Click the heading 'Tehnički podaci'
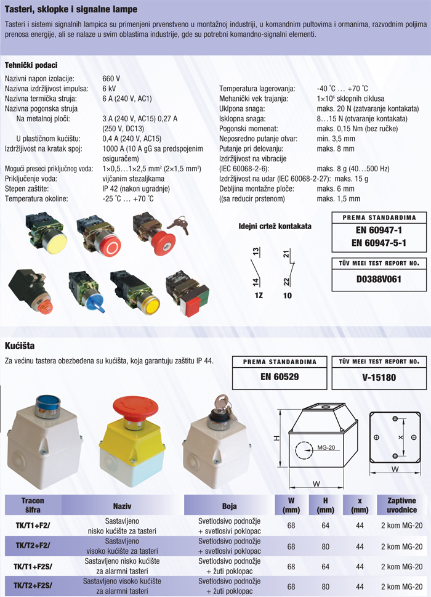pyautogui.click(x=31, y=65)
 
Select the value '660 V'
pyautogui.click(x=111, y=78)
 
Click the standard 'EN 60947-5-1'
pyautogui.click(x=379, y=243)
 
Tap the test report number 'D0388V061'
pyautogui.click(x=379, y=279)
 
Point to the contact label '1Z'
pyautogui.click(x=259, y=295)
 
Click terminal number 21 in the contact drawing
pyautogui.click(x=286, y=253)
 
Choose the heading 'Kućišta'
pyautogui.click(x=20, y=346)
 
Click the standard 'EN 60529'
pyautogui.click(x=280, y=377)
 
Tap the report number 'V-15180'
pyautogui.click(x=379, y=377)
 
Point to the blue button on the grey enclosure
pyautogui.click(x=47, y=404)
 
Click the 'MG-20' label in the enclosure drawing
pyautogui.click(x=326, y=447)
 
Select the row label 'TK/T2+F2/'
pyautogui.click(x=33, y=545)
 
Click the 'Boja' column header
pyautogui.click(x=230, y=506)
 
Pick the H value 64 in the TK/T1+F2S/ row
pyautogui.click(x=325, y=566)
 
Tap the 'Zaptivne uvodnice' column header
pyautogui.click(x=401, y=505)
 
